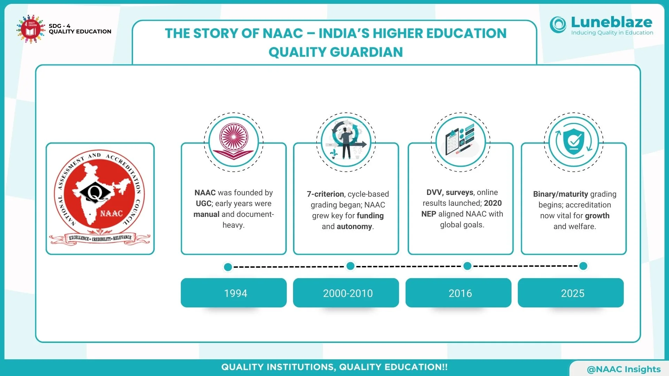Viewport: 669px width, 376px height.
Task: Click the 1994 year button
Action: pyautogui.click(x=233, y=292)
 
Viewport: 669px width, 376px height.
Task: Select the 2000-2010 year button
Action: pyautogui.click(x=346, y=292)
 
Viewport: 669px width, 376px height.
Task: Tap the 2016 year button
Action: pyautogui.click(x=459, y=292)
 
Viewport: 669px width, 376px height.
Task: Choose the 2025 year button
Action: pyautogui.click(x=571, y=292)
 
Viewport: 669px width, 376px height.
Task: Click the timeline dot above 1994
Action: pyautogui.click(x=228, y=267)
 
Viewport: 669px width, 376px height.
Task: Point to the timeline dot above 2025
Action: pyautogui.click(x=583, y=266)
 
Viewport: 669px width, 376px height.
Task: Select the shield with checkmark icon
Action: pyautogui.click(x=574, y=142)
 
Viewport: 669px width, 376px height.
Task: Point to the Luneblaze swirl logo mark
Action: pyautogui.click(x=558, y=25)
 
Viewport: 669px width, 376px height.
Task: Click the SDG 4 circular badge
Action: pyautogui.click(x=31, y=29)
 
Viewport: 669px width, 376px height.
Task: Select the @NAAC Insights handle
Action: pyautogui.click(x=624, y=369)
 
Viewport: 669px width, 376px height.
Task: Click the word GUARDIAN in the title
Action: pyautogui.click(x=367, y=52)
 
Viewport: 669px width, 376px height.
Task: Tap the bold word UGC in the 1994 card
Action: pyautogui.click(x=204, y=204)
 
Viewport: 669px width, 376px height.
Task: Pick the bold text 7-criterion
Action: pyautogui.click(x=325, y=194)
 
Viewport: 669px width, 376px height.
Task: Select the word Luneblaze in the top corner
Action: pyautogui.click(x=612, y=22)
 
